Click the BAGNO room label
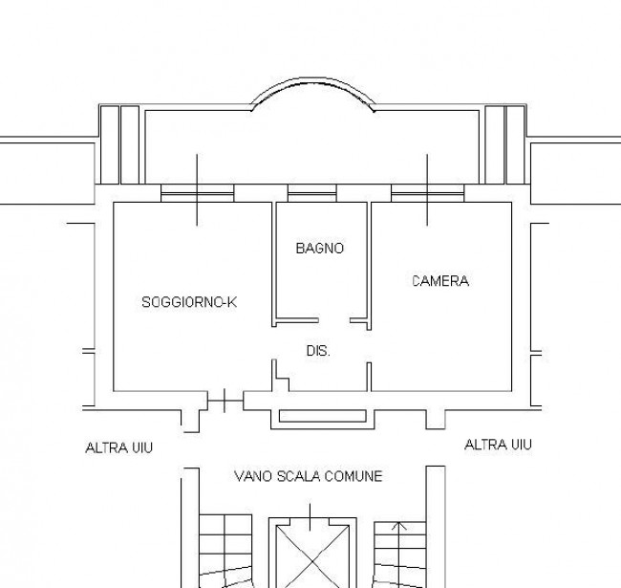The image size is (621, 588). [320, 249]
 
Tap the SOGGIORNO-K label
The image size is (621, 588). [189, 302]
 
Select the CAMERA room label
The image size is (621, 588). [440, 281]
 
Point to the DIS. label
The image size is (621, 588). [318, 351]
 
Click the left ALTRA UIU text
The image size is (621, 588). [118, 448]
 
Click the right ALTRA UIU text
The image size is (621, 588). [498, 445]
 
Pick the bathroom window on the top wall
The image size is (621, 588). [312, 193]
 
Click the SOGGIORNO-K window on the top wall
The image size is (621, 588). [197, 193]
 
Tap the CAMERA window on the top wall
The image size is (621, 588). [427, 193]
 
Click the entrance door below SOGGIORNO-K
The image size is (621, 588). [225, 401]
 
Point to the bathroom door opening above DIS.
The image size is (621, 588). [334, 320]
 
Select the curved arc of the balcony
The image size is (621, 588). [312, 82]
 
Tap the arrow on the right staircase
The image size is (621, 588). [399, 526]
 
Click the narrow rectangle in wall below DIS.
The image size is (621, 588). [323, 416]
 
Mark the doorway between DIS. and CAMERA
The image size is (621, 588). [369, 346]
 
